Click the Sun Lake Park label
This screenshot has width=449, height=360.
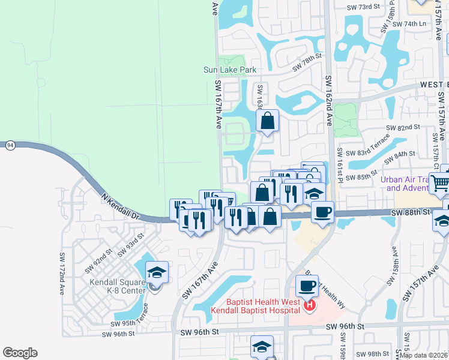click(230, 70)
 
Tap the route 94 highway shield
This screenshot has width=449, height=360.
click(10, 145)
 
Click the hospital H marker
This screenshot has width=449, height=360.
click(310, 306)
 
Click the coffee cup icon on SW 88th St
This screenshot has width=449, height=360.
click(322, 212)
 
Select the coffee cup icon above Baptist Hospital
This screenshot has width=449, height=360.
click(307, 286)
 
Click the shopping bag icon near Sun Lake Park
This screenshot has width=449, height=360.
click(268, 121)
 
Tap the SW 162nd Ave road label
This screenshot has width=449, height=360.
click(329, 108)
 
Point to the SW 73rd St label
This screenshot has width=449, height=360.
click(364, 7)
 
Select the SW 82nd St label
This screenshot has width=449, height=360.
click(402, 128)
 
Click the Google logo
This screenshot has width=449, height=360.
click(20, 353)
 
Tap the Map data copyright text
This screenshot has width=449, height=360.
click(423, 355)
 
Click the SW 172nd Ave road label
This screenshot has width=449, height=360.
click(62, 273)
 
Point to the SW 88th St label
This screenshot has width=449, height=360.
click(411, 212)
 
